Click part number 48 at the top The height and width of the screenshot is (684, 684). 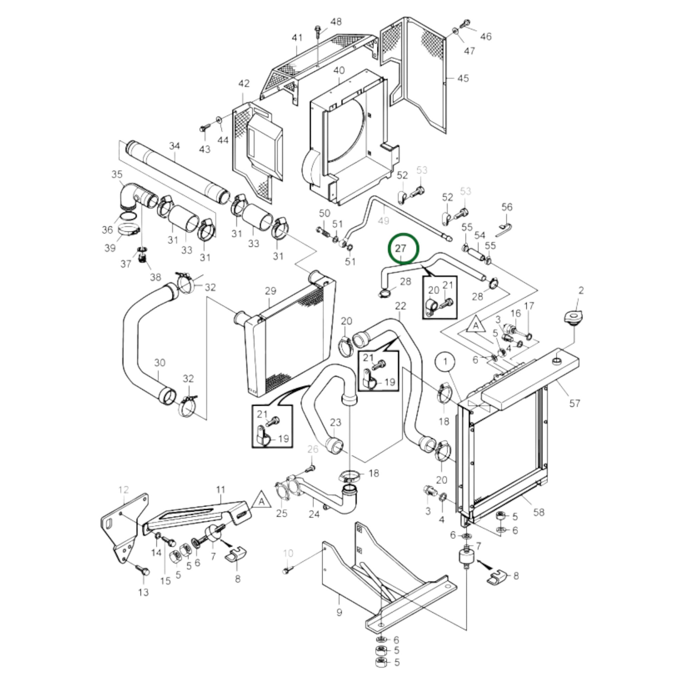coord(336,21)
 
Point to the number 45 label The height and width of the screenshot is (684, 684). coord(463,78)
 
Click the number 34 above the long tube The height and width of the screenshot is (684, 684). coord(175,146)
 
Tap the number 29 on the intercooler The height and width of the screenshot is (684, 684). coord(270,291)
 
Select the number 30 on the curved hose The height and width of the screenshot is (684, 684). coord(160,362)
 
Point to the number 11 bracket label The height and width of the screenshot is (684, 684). coord(221,490)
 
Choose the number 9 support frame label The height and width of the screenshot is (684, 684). coord(339,612)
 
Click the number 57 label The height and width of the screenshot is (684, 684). coord(574,403)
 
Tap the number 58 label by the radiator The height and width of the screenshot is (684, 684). coord(538,512)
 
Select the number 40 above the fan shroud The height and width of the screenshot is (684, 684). coord(339,70)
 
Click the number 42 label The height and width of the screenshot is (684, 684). coord(244,84)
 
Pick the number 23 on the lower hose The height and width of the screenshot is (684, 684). coord(335,422)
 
